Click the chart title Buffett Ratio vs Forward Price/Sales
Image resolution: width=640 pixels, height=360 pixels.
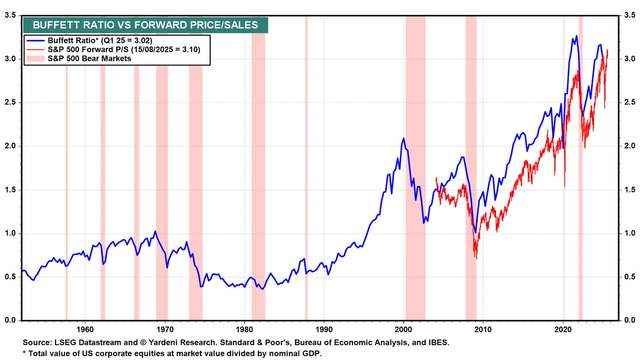[x=145, y=25]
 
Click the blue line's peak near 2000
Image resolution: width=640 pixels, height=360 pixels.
[x=403, y=138]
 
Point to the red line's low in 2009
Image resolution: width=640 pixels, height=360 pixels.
[x=476, y=258]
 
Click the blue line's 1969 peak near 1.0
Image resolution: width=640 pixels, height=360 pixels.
[x=155, y=231]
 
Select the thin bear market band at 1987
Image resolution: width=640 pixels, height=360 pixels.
[x=306, y=160]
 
